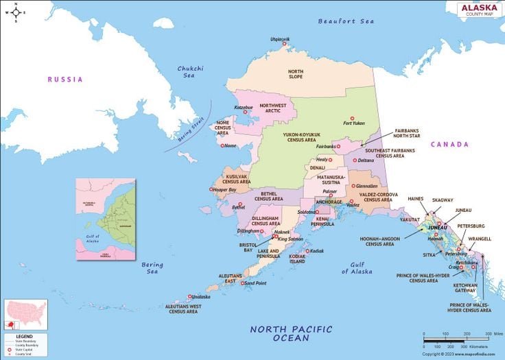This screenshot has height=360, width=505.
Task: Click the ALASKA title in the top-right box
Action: [x=480, y=8]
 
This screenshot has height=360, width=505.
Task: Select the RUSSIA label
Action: [x=64, y=80]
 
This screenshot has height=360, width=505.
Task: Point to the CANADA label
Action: [x=449, y=145]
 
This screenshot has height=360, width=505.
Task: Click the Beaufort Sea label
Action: [x=346, y=21]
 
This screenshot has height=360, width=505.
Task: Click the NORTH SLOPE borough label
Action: [x=295, y=74]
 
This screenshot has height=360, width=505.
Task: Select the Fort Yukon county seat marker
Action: [x=352, y=118]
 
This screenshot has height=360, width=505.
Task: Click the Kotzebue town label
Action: [x=244, y=107]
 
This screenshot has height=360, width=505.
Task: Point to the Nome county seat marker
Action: [x=220, y=145]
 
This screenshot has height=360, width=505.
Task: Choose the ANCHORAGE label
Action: [x=329, y=202]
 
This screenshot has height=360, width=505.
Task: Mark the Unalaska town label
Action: [x=200, y=297]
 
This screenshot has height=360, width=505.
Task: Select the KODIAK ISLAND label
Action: [x=297, y=259]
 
